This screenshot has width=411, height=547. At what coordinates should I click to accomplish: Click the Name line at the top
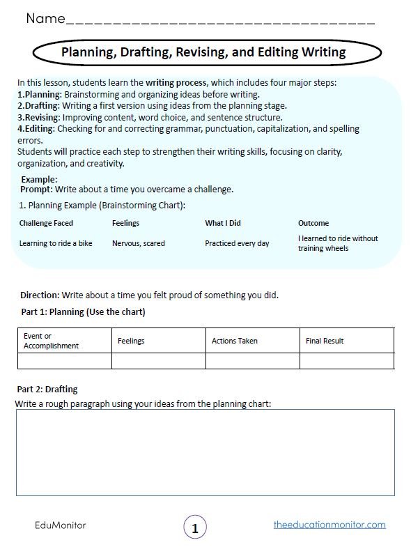219,21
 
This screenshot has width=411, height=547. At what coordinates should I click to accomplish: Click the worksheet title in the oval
203,52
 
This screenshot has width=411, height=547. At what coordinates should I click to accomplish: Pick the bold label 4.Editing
36,129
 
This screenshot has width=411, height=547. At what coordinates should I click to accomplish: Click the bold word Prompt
36,189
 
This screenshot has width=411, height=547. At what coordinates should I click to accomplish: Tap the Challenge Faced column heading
46,223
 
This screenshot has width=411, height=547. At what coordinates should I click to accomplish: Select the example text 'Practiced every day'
237,244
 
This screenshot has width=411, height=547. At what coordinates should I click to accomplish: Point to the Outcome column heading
313,223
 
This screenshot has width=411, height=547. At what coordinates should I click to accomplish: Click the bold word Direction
39,295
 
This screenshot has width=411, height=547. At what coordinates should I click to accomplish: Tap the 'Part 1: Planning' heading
82,312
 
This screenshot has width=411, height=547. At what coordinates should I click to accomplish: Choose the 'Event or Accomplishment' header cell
52,341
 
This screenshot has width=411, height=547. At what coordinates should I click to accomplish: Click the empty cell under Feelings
158,361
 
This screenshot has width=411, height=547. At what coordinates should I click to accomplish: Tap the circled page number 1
195,528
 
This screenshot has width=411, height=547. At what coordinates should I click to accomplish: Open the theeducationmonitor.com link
329,525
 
